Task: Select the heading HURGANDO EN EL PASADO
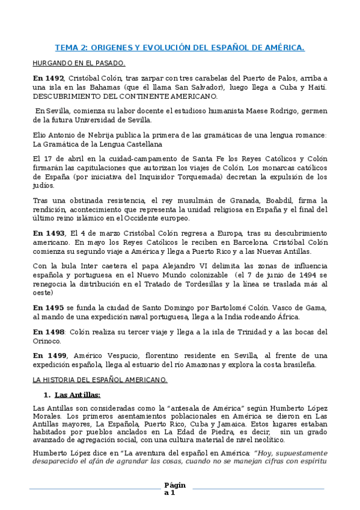pyautogui.click(x=79, y=63)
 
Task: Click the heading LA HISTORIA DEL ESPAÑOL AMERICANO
pyautogui.click(x=100, y=379)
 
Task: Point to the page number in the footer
pyautogui.click(x=175, y=489)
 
